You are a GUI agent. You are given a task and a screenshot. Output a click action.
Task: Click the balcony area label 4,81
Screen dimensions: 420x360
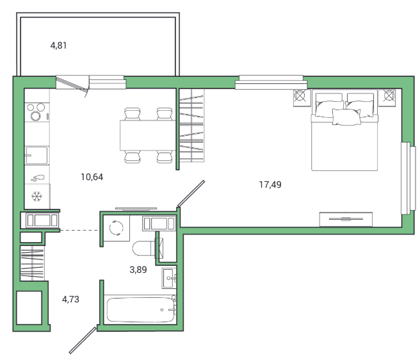pyautogui.click(x=58, y=45)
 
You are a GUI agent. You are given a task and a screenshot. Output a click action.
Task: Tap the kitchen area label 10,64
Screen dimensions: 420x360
pyautogui.click(x=92, y=177)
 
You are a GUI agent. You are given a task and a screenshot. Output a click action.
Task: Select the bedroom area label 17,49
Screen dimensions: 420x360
pyautogui.click(x=270, y=184)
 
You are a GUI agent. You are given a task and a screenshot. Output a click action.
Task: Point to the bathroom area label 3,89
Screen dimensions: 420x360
pyautogui.click(x=138, y=270)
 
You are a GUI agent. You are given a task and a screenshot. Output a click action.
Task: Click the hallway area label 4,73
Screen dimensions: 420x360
pyautogui.click(x=70, y=299)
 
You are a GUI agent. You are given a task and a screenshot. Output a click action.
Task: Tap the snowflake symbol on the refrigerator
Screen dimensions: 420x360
pyautogui.click(x=36, y=197)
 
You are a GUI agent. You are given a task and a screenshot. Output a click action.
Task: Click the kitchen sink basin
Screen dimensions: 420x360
pyautogui.click(x=36, y=155)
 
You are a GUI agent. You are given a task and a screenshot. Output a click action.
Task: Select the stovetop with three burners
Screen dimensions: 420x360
pyautogui.click(x=37, y=112)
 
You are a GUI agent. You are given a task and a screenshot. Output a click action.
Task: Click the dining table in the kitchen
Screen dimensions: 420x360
pyautogui.click(x=148, y=135)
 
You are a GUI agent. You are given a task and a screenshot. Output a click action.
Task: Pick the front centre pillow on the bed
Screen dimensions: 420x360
pyautogui.click(x=346, y=117)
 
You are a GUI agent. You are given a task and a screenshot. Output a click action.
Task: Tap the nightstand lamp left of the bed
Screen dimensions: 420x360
pyautogui.click(x=300, y=95)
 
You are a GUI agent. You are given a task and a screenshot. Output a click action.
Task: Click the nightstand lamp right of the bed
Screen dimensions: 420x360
pyautogui.click(x=389, y=95)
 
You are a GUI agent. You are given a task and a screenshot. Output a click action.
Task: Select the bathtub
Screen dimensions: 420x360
pyautogui.click(x=140, y=309)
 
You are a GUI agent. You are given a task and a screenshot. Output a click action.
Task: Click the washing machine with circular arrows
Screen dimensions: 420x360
pyautogui.click(x=117, y=228)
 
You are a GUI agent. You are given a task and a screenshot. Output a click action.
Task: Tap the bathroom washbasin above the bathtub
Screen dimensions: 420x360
pyautogui.click(x=169, y=278)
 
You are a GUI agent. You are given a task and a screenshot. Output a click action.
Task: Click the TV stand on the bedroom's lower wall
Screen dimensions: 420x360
pyautogui.click(x=346, y=219)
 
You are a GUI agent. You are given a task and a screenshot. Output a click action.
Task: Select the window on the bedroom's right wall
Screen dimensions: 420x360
pyautogui.click(x=408, y=178)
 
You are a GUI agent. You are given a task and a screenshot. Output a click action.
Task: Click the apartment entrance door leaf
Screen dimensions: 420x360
pyautogui.click(x=83, y=340)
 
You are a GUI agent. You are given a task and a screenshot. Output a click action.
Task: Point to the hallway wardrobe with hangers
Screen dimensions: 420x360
pyautogui.click(x=32, y=263)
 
